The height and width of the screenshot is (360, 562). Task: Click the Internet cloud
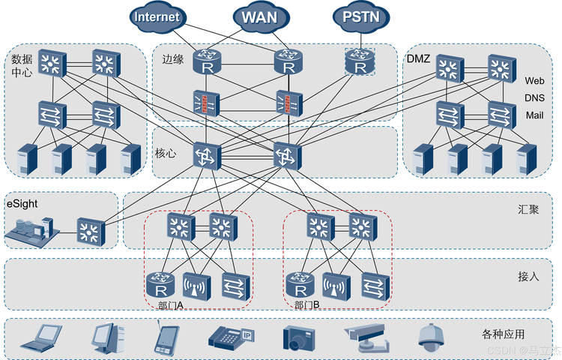(x=157, y=17)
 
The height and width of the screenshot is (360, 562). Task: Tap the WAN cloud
(x=260, y=17)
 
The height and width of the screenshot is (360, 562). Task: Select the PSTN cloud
(x=361, y=16)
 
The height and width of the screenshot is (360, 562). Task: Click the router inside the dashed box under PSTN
(x=360, y=61)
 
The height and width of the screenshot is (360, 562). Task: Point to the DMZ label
(x=418, y=58)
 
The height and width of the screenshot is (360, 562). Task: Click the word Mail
(x=534, y=115)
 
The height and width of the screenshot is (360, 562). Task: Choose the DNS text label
(x=534, y=98)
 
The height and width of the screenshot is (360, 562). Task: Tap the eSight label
(x=22, y=204)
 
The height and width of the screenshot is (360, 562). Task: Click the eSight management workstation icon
(x=31, y=232)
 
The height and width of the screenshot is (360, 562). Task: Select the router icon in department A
(x=160, y=285)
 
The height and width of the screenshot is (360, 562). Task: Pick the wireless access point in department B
(x=336, y=286)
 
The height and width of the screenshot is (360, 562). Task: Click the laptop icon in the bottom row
(x=41, y=337)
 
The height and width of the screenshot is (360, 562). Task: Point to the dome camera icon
(x=431, y=337)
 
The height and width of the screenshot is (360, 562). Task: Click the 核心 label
(x=166, y=153)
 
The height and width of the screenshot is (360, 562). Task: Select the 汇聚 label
(x=528, y=209)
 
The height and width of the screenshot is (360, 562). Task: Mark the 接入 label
(x=528, y=277)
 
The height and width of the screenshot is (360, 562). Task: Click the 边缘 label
(x=173, y=59)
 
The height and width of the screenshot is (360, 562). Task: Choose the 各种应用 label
(x=504, y=334)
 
